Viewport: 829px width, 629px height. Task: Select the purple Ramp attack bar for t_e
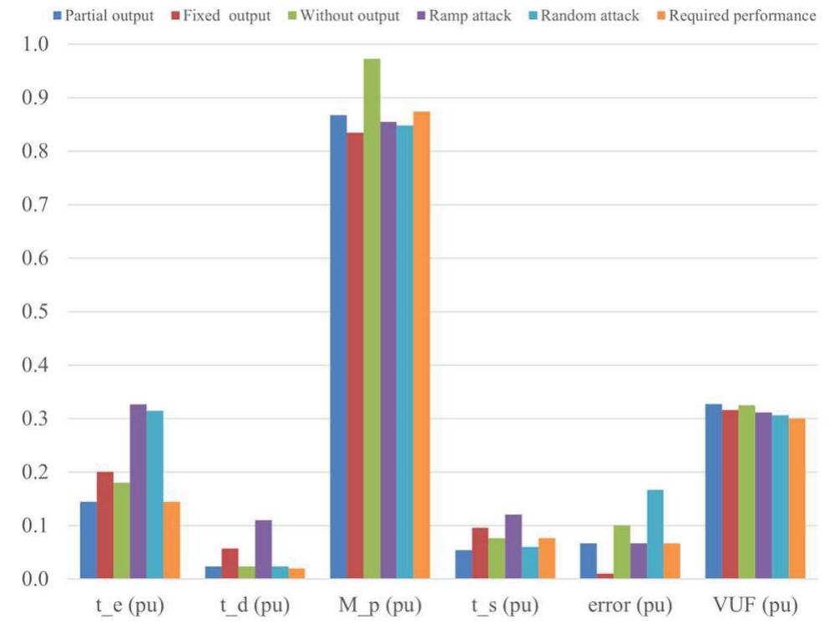[138, 492]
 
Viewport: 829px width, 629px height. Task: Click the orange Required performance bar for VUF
[797, 499]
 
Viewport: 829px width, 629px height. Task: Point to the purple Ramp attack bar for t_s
[513, 547]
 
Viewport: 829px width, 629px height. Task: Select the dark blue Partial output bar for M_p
[338, 347]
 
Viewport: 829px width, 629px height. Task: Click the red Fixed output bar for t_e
[104, 525]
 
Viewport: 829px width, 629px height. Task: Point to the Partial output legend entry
[103, 15]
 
